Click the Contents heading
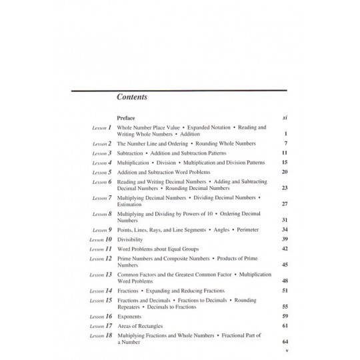[x=132, y=97]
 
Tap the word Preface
[x=126, y=117]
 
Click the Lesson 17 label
[x=101, y=326]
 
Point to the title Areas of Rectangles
[x=141, y=326]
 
